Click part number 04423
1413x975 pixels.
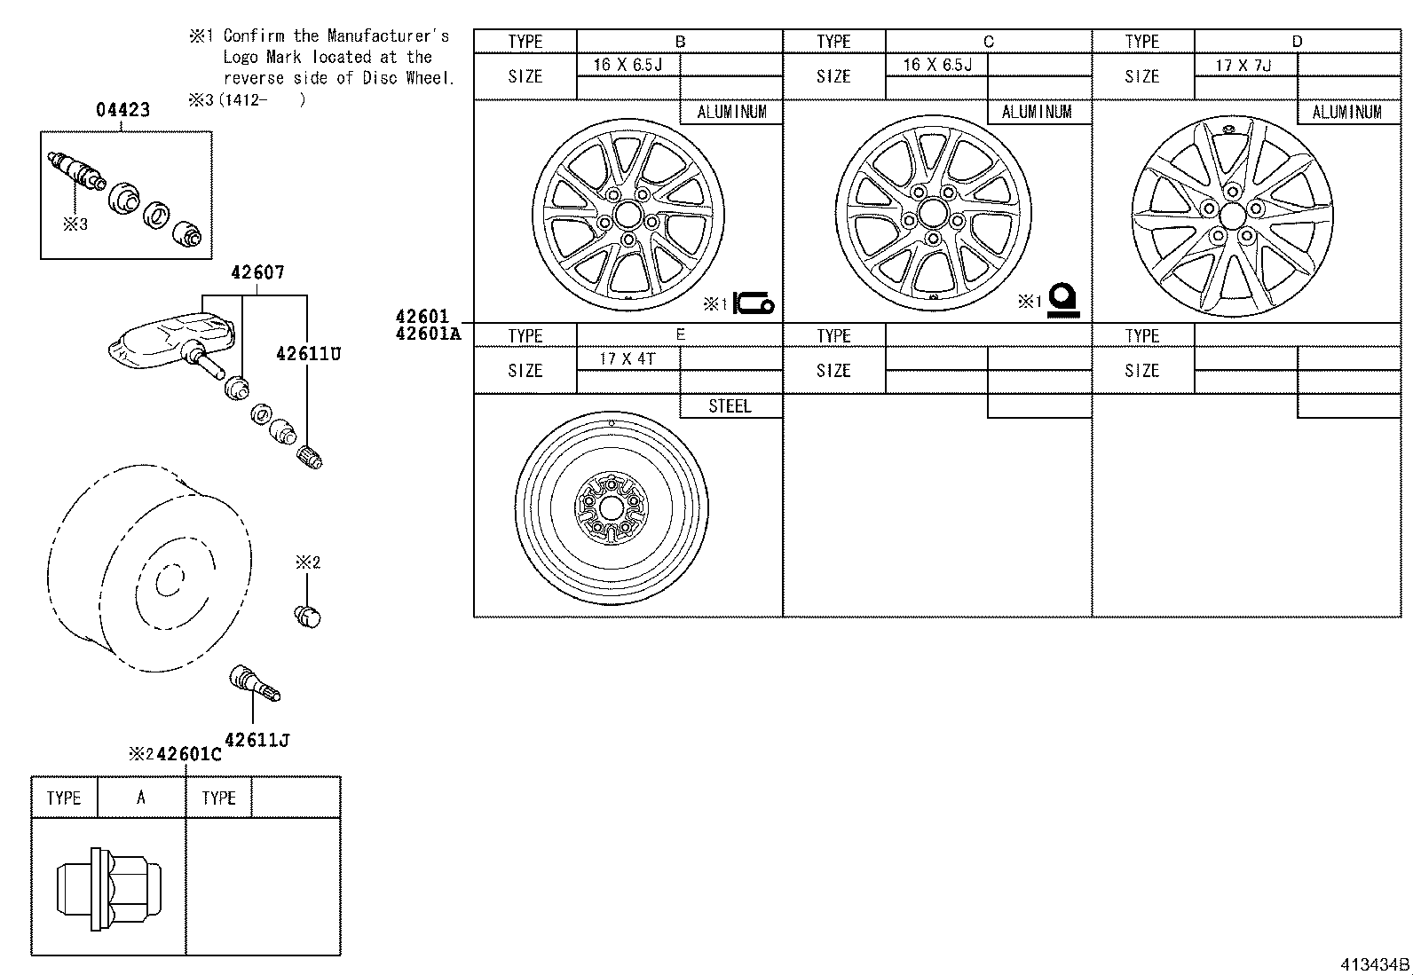pyautogui.click(x=122, y=110)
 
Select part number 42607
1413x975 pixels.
pyautogui.click(x=257, y=272)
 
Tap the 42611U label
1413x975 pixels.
pyautogui.click(x=308, y=354)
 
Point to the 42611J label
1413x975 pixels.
pyautogui.click(x=257, y=740)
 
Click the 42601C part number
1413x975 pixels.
pyautogui.click(x=188, y=754)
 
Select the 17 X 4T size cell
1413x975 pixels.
pyautogui.click(x=627, y=359)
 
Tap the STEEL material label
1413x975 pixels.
pyautogui.click(x=730, y=406)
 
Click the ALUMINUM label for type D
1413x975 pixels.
pyautogui.click(x=1346, y=112)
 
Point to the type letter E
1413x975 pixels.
pyautogui.click(x=680, y=334)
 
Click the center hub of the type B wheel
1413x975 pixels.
pyautogui.click(x=628, y=213)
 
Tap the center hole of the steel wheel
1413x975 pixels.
pyautogui.click(x=611, y=508)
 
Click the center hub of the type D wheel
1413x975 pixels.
pyautogui.click(x=1232, y=216)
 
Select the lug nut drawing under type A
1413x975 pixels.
pyautogui.click(x=110, y=888)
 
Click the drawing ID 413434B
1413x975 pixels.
pyautogui.click(x=1373, y=964)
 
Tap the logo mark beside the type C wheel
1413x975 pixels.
pyautogui.click(x=1062, y=301)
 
